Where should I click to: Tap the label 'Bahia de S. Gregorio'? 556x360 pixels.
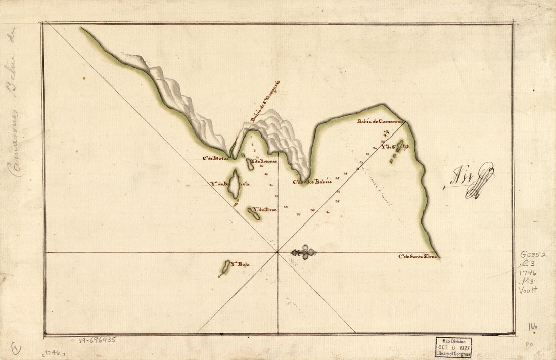[265, 102]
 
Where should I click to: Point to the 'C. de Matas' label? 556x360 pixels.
[215, 158]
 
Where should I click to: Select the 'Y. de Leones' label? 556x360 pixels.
[264, 161]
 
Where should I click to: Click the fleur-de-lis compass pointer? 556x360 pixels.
[304, 252]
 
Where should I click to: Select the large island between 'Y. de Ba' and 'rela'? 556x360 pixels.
[234, 184]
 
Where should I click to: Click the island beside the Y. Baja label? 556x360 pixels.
[225, 266]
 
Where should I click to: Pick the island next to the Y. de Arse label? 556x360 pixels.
[254, 213]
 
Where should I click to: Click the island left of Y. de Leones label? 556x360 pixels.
[250, 164]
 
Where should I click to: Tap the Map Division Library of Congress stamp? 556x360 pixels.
[453, 347]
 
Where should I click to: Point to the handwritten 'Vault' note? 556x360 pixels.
[528, 290]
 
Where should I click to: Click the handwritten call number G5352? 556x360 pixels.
[533, 254]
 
